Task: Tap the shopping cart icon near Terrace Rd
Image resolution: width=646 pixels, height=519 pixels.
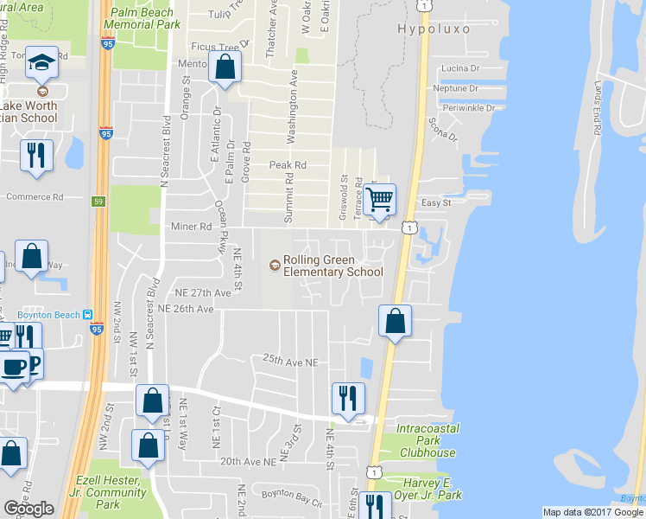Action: click(x=379, y=200)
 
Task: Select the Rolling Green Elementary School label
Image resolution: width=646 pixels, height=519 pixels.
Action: click(x=332, y=266)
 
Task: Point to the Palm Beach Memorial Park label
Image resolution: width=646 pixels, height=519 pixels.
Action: click(x=146, y=19)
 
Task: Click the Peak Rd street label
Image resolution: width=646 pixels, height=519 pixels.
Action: click(x=288, y=164)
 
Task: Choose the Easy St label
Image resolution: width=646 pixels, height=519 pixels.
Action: click(x=435, y=202)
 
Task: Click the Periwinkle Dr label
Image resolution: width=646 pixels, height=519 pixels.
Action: click(x=466, y=108)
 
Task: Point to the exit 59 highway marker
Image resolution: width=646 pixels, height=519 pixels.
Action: click(x=98, y=201)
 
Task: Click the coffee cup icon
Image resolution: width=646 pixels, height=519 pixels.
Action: click(x=14, y=367)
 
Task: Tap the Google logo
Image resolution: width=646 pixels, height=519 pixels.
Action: click(x=28, y=509)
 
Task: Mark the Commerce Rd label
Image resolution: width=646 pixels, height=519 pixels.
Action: click(x=34, y=196)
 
